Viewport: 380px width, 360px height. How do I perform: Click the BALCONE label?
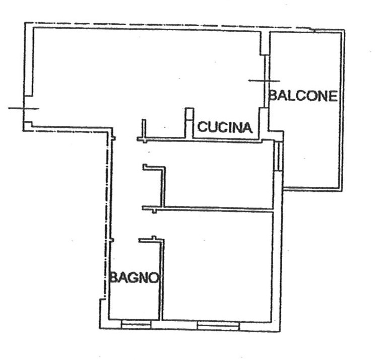[x=303, y=95]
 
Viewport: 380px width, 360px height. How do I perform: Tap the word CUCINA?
[x=225, y=127]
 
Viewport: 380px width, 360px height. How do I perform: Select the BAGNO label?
[x=134, y=278]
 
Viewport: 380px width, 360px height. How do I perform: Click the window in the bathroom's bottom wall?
[x=136, y=325]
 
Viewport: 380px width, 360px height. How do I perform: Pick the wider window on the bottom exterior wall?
[x=218, y=326]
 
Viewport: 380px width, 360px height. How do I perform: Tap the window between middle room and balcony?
[x=278, y=157]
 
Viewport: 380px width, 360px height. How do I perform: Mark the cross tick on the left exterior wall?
[x=24, y=108]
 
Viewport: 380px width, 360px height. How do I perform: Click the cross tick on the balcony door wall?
[x=265, y=81]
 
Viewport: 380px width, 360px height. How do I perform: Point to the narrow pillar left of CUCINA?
[x=189, y=123]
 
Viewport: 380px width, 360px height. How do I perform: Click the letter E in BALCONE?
[x=333, y=96]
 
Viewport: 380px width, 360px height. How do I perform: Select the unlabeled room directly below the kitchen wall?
[x=218, y=174]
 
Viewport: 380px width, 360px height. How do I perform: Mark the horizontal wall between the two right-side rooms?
[x=208, y=208]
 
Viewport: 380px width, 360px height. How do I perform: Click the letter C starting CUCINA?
[x=202, y=127]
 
